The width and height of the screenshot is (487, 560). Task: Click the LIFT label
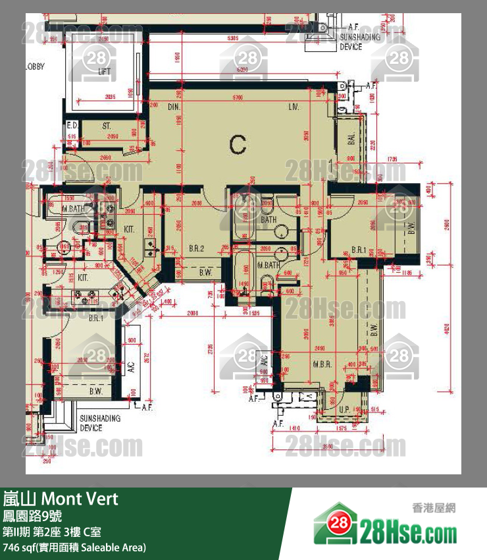(103, 72)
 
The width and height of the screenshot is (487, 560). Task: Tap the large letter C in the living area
(238, 144)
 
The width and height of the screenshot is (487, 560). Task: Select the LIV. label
(294, 107)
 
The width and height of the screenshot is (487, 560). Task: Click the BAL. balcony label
(351, 139)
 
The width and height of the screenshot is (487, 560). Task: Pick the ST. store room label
(106, 125)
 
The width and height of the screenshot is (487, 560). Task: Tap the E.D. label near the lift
(72, 125)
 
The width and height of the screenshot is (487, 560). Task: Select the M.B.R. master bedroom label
(321, 364)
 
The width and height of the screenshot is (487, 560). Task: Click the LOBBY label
(35, 67)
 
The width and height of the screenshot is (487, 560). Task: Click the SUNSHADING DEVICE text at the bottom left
(100, 423)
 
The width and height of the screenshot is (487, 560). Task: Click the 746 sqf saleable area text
(74, 547)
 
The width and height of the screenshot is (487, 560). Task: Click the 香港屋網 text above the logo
(434, 507)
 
